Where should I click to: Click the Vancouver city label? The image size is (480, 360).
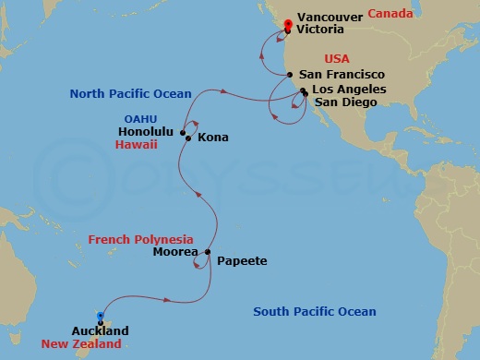[330, 16]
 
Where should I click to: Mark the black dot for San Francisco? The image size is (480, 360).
[291, 75]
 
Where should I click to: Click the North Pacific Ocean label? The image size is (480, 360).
[131, 93]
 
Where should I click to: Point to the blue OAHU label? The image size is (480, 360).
[142, 118]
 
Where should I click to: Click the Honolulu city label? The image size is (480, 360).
[148, 132]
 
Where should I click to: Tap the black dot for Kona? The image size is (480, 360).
[189, 139]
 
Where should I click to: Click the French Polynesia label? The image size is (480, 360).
[140, 239]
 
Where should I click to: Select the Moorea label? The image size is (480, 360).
[172, 252]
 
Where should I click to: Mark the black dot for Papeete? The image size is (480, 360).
[209, 252]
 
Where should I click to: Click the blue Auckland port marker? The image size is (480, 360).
[101, 316]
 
